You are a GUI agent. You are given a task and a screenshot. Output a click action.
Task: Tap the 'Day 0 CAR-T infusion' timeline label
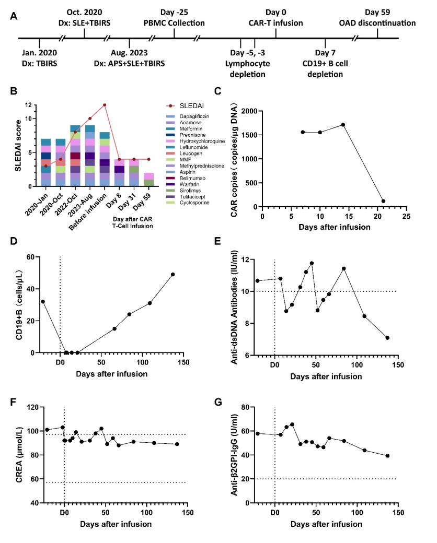(x=277, y=18)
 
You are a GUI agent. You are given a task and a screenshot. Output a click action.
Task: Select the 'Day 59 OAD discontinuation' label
(x=383, y=18)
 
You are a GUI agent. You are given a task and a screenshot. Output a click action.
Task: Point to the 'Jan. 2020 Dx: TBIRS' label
(x=40, y=58)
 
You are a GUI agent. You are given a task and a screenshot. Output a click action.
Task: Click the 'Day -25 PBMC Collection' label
(x=175, y=18)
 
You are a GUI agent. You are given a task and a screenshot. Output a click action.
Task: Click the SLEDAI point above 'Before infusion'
(x=105, y=105)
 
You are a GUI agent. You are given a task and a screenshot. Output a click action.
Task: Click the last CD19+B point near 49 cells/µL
(x=173, y=274)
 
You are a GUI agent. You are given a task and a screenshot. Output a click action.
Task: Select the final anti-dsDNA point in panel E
(x=387, y=338)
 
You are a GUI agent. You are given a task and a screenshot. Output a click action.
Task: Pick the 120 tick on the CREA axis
(x=32, y=407)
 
